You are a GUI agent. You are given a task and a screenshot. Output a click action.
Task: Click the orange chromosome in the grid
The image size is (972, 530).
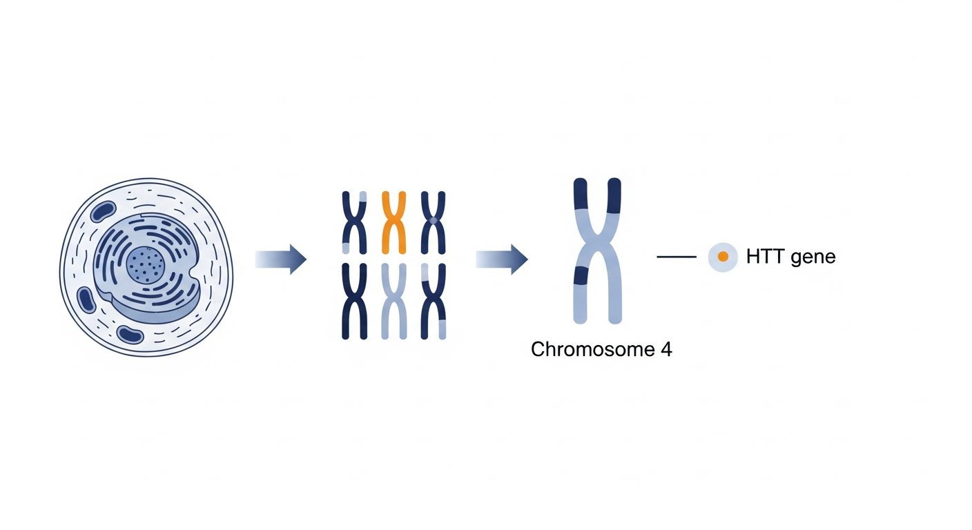pos(393,222)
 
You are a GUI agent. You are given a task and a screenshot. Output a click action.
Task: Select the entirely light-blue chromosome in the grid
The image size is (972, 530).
pos(393,301)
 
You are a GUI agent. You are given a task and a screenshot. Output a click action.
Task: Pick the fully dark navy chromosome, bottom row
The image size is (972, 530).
pos(354,301)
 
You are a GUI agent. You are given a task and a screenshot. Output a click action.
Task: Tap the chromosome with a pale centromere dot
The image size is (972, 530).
pos(434,222)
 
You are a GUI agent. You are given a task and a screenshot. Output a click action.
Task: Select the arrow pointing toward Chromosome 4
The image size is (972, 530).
pos(501,259)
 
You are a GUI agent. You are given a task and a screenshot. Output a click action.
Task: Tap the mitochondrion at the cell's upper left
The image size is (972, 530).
pos(105,213)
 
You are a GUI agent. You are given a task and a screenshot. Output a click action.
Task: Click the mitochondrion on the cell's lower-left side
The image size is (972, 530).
pos(86,300)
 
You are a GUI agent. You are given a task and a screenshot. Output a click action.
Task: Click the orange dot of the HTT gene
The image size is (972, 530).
pos(723,257)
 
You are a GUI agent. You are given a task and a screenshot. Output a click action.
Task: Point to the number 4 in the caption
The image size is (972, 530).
pos(666,349)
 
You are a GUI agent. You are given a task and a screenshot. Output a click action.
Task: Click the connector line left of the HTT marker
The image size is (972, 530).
pos(677,257)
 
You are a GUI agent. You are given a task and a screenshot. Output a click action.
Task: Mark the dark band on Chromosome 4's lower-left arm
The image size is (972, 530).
pos(581,275)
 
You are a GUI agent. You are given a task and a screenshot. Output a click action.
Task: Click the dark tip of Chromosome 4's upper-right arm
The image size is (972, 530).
pos(614,195)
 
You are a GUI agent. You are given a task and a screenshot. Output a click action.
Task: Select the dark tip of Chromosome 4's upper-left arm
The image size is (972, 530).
pos(581,195)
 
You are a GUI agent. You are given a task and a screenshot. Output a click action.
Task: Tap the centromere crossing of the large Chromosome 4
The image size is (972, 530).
pos(597,248)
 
